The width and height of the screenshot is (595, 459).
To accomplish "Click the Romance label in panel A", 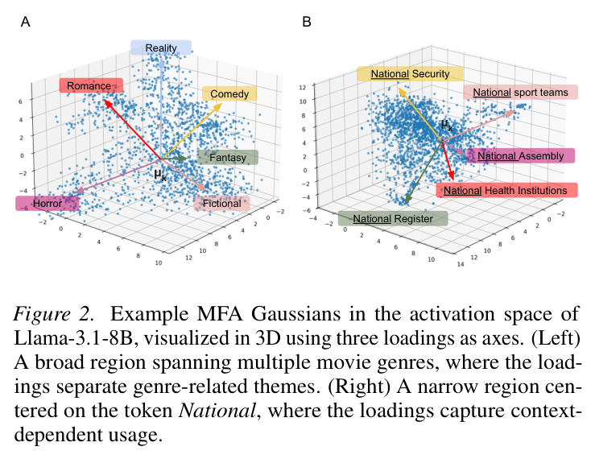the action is (91, 85).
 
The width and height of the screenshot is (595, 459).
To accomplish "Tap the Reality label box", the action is (161, 48).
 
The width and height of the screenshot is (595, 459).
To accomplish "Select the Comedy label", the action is (229, 93).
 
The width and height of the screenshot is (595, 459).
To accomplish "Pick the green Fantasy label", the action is (228, 157).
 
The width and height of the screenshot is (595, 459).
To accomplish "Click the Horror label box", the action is (47, 203).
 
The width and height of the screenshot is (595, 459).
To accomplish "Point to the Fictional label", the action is (221, 203).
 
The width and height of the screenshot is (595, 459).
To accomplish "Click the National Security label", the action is (410, 73).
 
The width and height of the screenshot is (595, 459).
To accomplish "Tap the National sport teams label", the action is (520, 93).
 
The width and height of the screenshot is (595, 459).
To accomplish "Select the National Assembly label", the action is (520, 155).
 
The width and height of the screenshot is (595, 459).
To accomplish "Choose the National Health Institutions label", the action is (506, 190).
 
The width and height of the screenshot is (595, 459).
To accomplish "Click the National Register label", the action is (393, 219).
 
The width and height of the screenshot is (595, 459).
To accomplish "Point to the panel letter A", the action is (26, 22).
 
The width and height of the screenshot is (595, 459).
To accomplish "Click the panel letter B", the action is (307, 22).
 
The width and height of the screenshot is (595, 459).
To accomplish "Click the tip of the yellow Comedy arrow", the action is (221, 104).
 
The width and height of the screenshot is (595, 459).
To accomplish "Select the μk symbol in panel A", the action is (159, 175).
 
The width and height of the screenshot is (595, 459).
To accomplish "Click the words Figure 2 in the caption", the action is (53, 314).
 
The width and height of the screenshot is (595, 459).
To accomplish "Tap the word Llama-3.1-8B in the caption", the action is (73, 338).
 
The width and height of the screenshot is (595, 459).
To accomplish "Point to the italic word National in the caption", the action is (217, 411).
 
